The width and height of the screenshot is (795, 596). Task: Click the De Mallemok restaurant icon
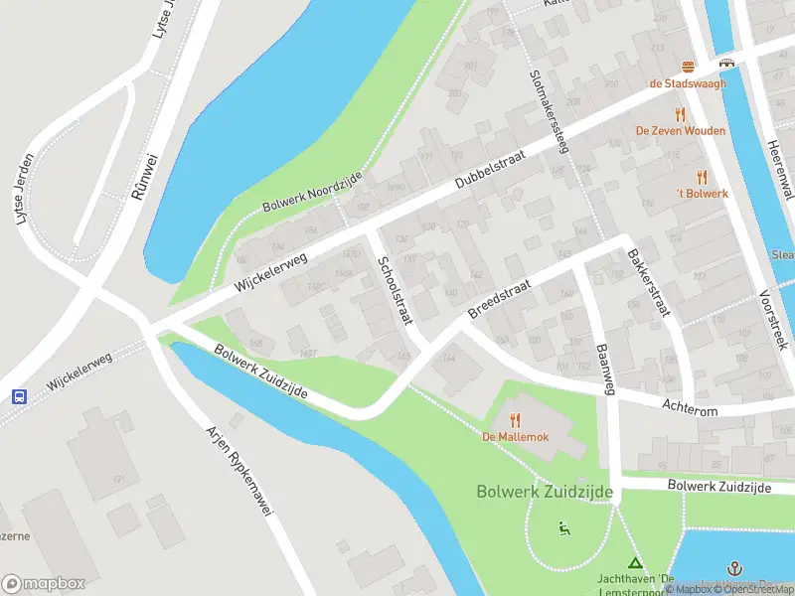(515, 420)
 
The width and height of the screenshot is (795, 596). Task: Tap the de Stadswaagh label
(688, 83)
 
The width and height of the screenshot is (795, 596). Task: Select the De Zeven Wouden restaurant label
(681, 130)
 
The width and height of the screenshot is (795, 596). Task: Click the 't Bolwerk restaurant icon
(703, 176)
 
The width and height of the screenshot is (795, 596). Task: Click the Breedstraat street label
(500, 298)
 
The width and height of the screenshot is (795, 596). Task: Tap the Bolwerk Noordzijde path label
(311, 191)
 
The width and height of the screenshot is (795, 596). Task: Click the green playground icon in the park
(564, 527)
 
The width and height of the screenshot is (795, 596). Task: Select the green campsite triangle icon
(635, 563)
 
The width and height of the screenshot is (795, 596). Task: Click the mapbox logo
(43, 584)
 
